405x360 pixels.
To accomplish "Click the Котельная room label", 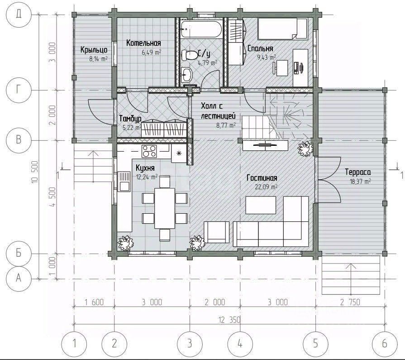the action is pyautogui.click(x=143, y=43).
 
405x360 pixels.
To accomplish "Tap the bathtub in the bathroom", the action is pyautogui.click(x=201, y=29).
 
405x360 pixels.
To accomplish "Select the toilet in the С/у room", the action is pyautogui.click(x=190, y=55).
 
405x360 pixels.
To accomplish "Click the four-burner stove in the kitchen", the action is pyautogui.click(x=149, y=151).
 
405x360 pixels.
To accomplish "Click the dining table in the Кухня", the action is pyautogui.click(x=165, y=208).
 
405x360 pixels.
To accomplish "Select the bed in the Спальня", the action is pyautogui.click(x=282, y=29).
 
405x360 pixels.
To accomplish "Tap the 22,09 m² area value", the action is pyautogui.click(x=266, y=186).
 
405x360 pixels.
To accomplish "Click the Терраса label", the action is pyautogui.click(x=358, y=172).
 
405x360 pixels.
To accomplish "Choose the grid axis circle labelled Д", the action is pyautogui.click(x=19, y=14).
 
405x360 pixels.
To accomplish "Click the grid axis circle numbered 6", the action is pyautogui.click(x=385, y=344).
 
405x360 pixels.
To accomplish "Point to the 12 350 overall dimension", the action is pyautogui.click(x=229, y=320).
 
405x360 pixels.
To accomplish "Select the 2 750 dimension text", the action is pyautogui.click(x=350, y=302).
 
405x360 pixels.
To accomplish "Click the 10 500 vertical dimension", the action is pyautogui.click(x=35, y=172).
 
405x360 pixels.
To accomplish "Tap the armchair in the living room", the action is pyautogui.click(x=216, y=232).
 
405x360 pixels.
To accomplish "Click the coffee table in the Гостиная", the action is pyautogui.click(x=261, y=205).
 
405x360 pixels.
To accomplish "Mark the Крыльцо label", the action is pyautogui.click(x=94, y=49).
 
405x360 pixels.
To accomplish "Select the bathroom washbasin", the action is pyautogui.click(x=186, y=75).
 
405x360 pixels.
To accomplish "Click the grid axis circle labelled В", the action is pyautogui.click(x=19, y=140).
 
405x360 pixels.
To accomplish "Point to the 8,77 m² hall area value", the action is pyautogui.click(x=226, y=125).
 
